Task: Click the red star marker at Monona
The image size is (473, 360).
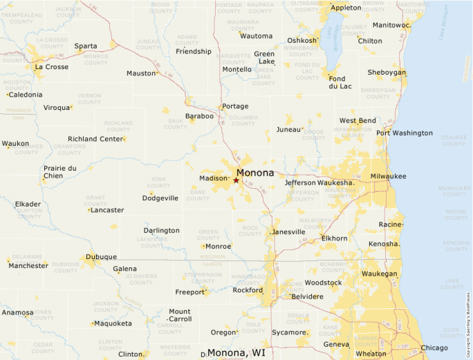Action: (236, 180)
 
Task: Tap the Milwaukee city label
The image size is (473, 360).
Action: (388, 176)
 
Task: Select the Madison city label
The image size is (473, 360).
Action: (213, 178)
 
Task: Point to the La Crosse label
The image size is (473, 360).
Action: (52, 67)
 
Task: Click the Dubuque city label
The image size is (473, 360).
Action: (101, 257)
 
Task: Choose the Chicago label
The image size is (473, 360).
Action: (434, 348)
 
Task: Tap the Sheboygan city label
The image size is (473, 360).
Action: (387, 73)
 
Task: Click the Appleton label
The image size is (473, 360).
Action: (346, 8)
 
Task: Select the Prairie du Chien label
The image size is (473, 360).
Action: (59, 171)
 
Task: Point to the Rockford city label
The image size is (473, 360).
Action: (248, 290)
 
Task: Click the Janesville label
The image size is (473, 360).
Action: (288, 232)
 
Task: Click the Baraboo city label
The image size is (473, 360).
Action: (199, 116)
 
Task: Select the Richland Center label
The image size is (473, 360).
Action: (94, 139)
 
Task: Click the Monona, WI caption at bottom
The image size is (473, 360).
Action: (236, 353)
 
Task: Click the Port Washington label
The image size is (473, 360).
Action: (405, 133)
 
